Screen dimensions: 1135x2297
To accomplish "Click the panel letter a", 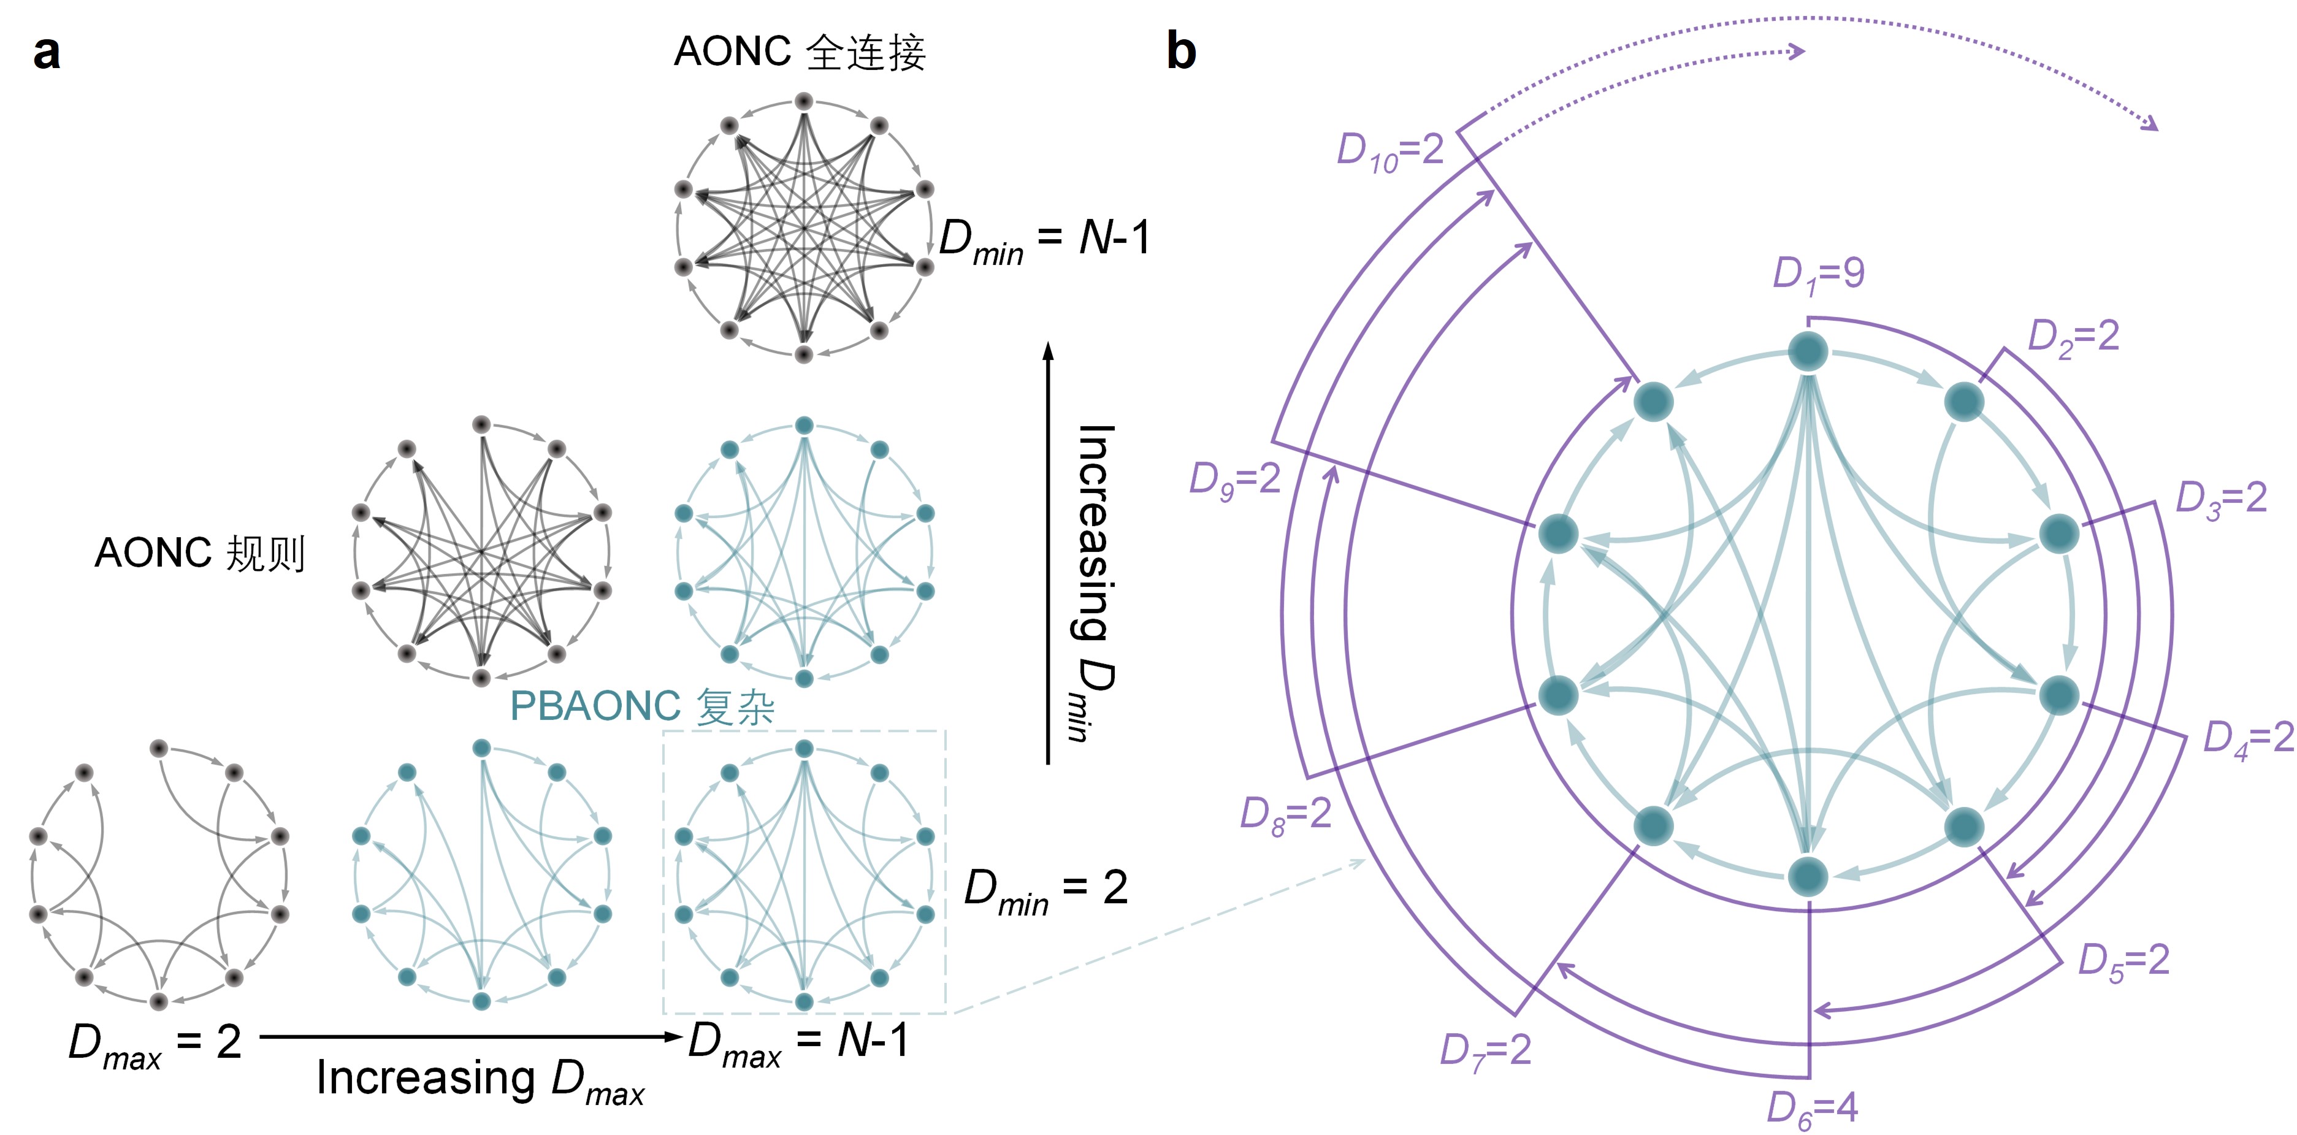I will point(47,53).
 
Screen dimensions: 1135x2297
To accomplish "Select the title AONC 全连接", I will point(800,52).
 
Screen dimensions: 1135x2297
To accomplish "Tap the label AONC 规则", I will point(200,553).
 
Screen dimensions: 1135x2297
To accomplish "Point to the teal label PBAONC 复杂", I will point(642,706).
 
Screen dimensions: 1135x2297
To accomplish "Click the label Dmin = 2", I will point(1045,890).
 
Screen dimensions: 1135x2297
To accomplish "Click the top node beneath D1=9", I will point(1808,352).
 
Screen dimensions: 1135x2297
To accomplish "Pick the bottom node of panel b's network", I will point(1808,876).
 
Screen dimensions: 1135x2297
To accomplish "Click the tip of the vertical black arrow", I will point(1049,344).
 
